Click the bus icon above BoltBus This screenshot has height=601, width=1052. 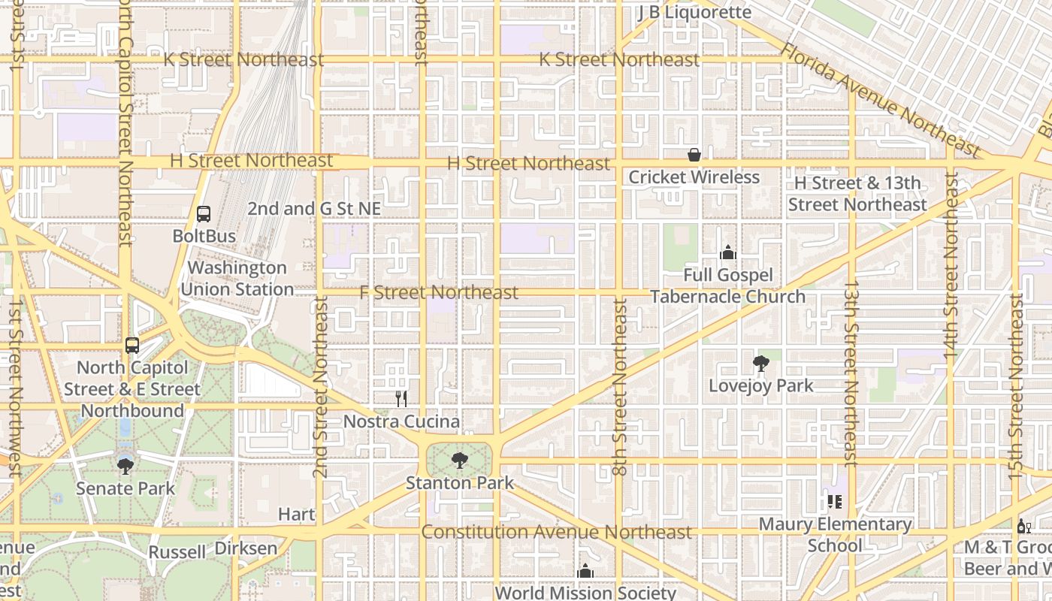click(203, 214)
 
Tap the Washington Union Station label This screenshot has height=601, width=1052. click(237, 278)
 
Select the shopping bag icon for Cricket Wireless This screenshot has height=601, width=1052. click(694, 156)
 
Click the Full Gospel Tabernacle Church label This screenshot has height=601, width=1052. click(727, 286)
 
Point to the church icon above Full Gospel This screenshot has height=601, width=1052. click(727, 252)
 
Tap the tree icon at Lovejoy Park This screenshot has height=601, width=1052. click(761, 364)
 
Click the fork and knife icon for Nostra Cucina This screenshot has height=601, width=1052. click(401, 399)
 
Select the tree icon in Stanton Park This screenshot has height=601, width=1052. click(459, 461)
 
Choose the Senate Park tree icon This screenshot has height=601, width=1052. click(125, 467)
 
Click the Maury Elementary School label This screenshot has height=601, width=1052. click(835, 534)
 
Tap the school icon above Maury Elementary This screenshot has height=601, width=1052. click(834, 501)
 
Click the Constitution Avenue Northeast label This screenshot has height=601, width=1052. click(556, 532)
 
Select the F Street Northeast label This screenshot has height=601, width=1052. click(439, 292)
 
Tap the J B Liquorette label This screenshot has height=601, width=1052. click(694, 12)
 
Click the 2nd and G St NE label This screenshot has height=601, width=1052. click(314, 209)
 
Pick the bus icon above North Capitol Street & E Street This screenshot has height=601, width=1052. click(132, 346)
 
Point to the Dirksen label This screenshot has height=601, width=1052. click(246, 548)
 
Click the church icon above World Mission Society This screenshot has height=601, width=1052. click(585, 572)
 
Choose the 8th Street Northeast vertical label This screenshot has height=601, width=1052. click(619, 387)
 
